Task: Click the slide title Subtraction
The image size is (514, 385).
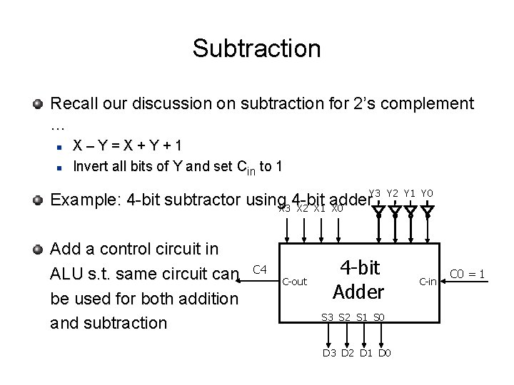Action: point(256,48)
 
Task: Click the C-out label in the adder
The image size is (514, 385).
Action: point(294,282)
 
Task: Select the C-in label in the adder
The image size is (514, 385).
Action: point(428,282)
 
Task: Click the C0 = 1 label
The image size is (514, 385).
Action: point(468,273)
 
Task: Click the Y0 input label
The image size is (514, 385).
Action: point(426,193)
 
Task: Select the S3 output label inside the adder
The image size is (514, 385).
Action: point(328,317)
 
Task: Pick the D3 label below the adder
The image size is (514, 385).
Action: point(329,352)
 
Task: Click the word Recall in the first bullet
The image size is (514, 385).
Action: point(74,104)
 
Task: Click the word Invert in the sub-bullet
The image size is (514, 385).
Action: point(90,167)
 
